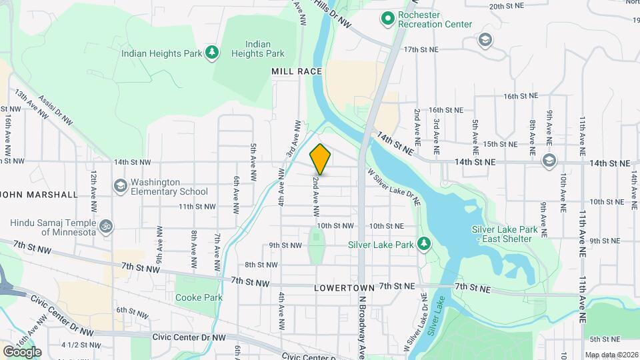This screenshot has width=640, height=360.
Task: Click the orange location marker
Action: [x=321, y=159]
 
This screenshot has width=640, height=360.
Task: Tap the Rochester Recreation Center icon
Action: [x=387, y=19]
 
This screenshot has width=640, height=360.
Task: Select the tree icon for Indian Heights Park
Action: [x=212, y=52]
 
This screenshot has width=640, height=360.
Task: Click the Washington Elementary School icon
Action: [x=120, y=185]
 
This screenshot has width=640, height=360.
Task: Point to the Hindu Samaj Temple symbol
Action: [x=104, y=227]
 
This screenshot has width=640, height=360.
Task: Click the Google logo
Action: [x=21, y=351]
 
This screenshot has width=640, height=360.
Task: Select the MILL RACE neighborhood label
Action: [x=297, y=71]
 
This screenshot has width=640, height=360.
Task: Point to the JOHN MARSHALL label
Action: [x=40, y=195]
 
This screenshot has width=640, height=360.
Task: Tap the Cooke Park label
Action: [x=199, y=297]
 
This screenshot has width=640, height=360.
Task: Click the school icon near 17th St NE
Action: [x=485, y=41]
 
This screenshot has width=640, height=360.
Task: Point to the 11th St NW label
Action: [x=196, y=207]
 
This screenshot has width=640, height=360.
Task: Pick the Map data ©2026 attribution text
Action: [x=611, y=355]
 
